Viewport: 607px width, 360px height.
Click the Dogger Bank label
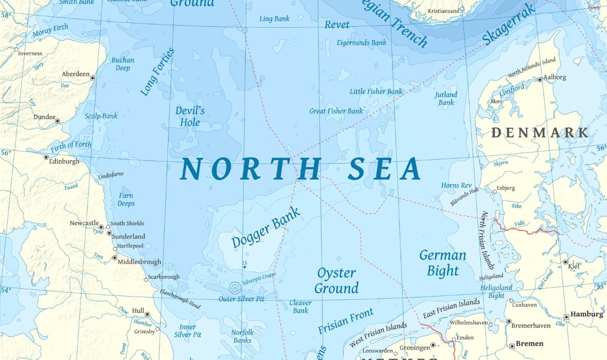point(265,228)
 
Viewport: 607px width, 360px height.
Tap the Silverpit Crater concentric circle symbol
point(235,288)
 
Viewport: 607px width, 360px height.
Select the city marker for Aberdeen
point(93,78)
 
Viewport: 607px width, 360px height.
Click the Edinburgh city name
point(64,161)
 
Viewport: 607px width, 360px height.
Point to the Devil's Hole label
point(190,116)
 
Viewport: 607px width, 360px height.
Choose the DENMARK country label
point(540,133)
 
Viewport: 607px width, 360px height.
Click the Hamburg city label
point(587,314)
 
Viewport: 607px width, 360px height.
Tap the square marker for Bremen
point(512,346)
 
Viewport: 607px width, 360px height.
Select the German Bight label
point(443,263)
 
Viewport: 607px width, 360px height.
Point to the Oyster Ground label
point(337,281)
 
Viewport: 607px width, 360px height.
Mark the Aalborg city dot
point(540,79)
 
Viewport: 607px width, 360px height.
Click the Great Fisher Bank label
point(336,111)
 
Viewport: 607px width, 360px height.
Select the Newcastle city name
point(84,223)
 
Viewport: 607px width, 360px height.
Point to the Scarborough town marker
point(146,280)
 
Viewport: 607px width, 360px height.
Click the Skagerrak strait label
point(509,24)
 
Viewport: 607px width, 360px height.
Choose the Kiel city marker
point(565,262)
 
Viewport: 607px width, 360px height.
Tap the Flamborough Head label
point(180,299)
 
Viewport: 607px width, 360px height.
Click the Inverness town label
point(30,53)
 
